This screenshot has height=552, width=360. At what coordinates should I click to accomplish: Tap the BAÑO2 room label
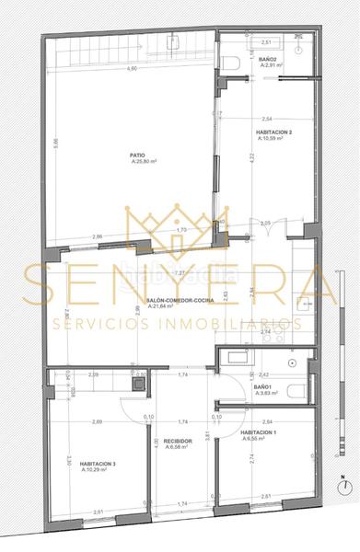270,59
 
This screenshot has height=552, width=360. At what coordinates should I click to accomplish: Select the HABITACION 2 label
273,133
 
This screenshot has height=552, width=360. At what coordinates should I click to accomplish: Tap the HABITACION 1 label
259,431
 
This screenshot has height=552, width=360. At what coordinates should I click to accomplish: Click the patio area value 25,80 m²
144,163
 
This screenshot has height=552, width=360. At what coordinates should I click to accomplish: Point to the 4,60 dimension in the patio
132,69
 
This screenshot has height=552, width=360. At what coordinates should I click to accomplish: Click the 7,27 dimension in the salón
180,273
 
